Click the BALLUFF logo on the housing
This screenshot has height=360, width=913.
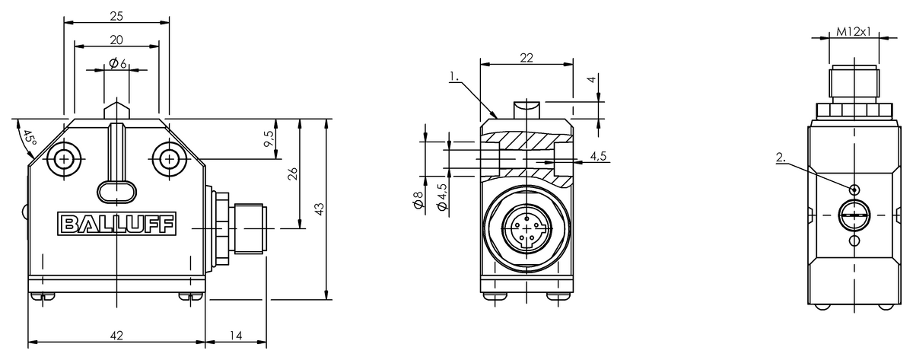pyautogui.click(x=116, y=224)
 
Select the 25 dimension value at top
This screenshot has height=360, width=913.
pyautogui.click(x=116, y=15)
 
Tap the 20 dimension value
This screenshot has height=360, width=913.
pyautogui.click(x=116, y=40)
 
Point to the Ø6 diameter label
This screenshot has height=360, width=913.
pyautogui.click(x=116, y=64)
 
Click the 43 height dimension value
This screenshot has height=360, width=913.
pyautogui.click(x=319, y=207)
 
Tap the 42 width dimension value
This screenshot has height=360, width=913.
pyautogui.click(x=116, y=335)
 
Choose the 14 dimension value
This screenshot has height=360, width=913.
pyautogui.click(x=235, y=335)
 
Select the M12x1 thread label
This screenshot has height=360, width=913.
pyautogui.click(x=853, y=32)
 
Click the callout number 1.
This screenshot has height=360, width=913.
pyautogui.click(x=453, y=76)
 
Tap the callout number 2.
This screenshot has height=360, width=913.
pyautogui.click(x=780, y=159)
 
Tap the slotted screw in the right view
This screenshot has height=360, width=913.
pyautogui.click(x=854, y=215)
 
